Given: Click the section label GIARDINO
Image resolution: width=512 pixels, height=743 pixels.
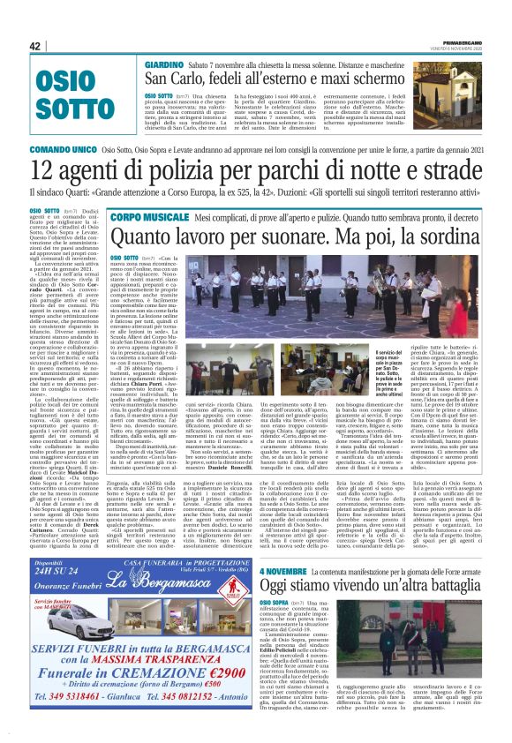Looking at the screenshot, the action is tap(164, 66).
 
